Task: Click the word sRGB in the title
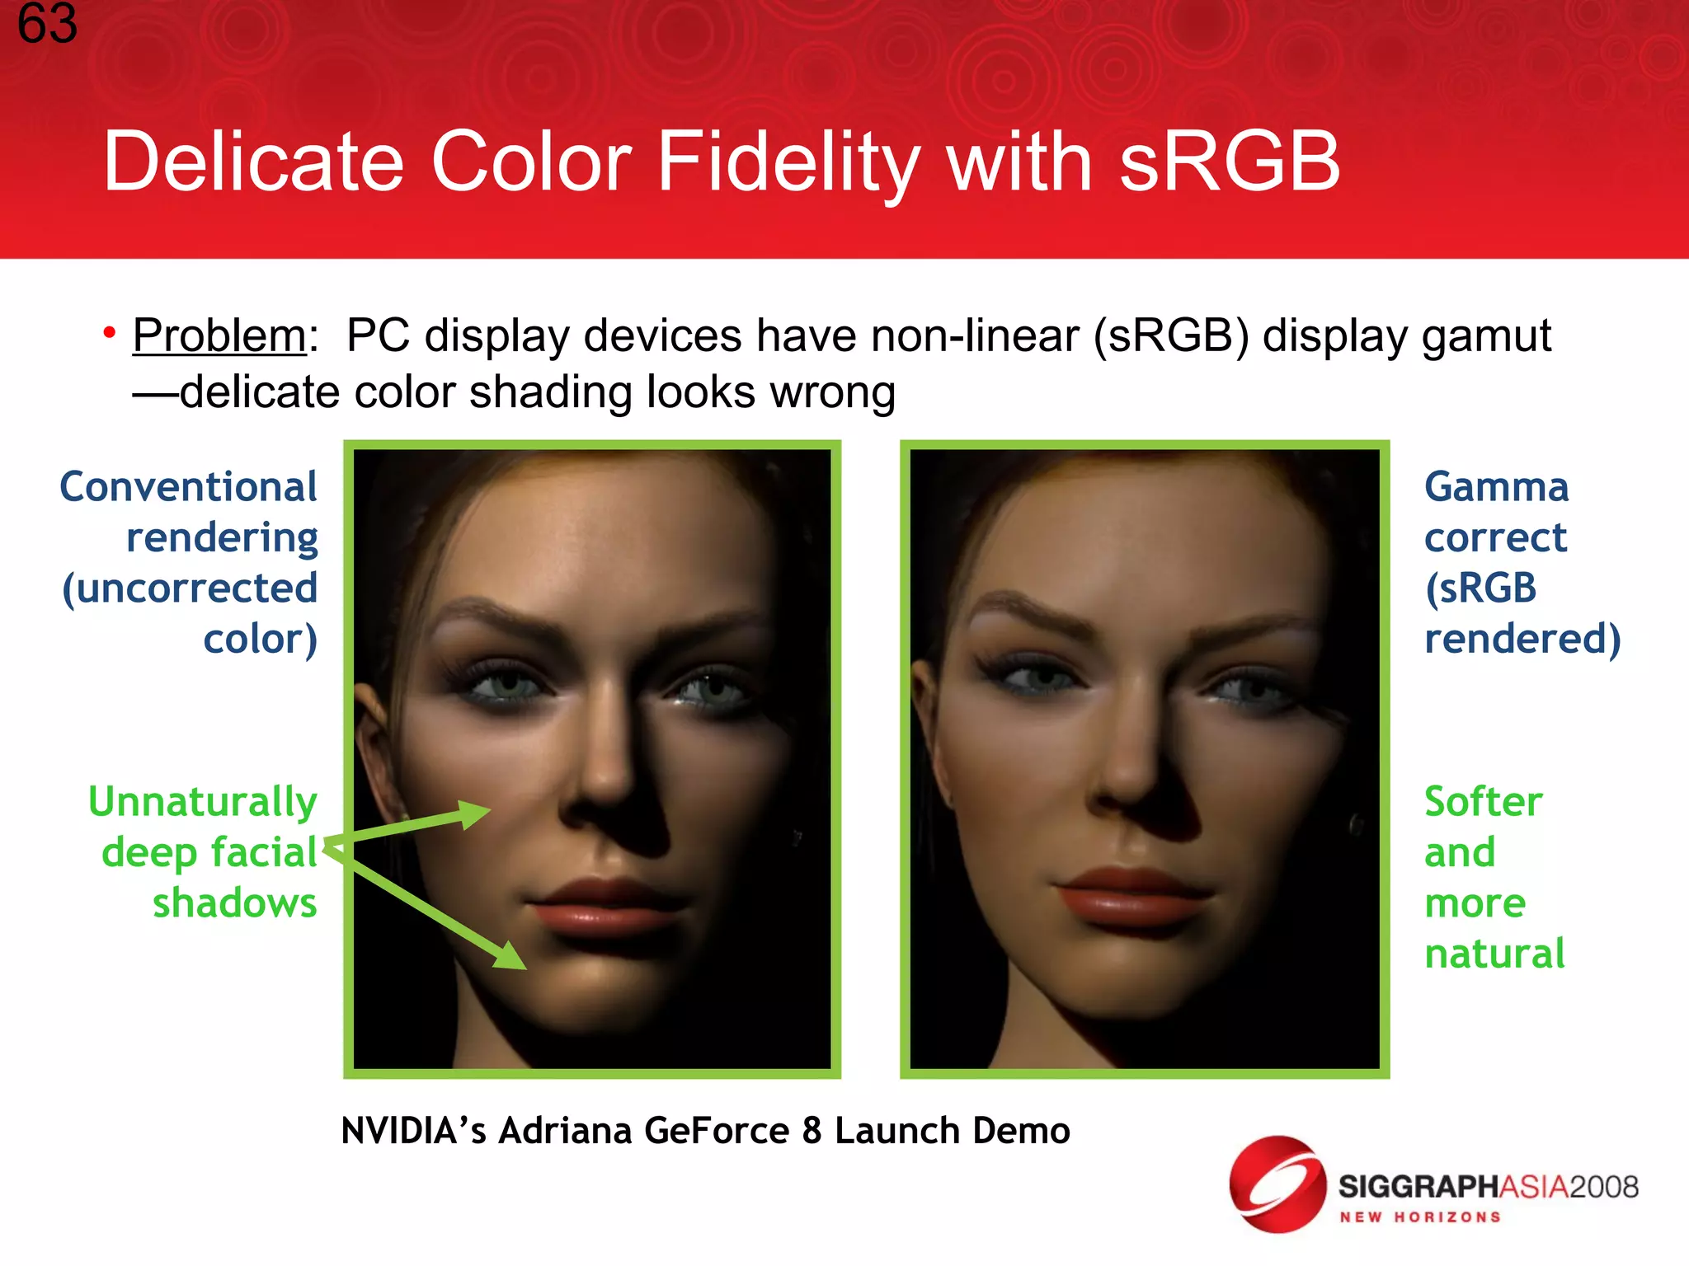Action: coord(1229,162)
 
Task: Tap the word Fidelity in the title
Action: coord(787,162)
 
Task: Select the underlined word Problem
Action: coord(219,336)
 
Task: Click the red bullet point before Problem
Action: coord(109,333)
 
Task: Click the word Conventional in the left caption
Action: coord(189,486)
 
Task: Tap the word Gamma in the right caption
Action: coord(1496,486)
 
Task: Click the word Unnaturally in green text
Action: coord(203,802)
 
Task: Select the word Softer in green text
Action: coord(1483,802)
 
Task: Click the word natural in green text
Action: coord(1494,954)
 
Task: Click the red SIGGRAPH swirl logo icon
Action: coord(1277,1184)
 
